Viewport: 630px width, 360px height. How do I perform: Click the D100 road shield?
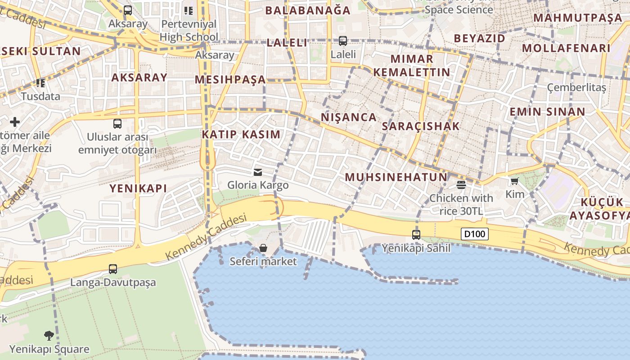(475, 234)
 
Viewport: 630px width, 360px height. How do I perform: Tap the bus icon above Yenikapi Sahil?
(416, 234)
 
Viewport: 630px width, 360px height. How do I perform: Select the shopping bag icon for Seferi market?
(263, 248)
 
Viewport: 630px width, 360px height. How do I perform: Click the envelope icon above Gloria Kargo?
(258, 172)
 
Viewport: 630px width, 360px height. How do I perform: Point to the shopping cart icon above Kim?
(515, 181)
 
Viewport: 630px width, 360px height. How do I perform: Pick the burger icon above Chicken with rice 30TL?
(461, 184)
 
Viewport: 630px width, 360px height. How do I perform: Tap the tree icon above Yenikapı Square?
(49, 335)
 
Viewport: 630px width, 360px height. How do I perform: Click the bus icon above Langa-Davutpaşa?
(113, 269)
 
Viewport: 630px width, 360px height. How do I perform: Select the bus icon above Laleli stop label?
(343, 41)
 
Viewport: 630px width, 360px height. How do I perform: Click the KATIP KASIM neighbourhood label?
(241, 134)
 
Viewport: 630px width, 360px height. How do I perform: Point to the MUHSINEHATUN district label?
(396, 177)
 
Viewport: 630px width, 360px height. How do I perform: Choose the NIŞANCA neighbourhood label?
(349, 117)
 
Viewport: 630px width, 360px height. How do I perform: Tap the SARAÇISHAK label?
(421, 126)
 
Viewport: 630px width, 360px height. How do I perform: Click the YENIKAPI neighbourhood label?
(138, 189)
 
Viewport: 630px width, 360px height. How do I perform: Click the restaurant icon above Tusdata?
(40, 83)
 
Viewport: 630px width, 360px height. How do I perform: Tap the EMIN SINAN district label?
(547, 112)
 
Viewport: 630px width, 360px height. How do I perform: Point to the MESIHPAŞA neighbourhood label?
(230, 80)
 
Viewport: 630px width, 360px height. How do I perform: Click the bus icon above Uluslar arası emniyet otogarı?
(117, 123)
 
